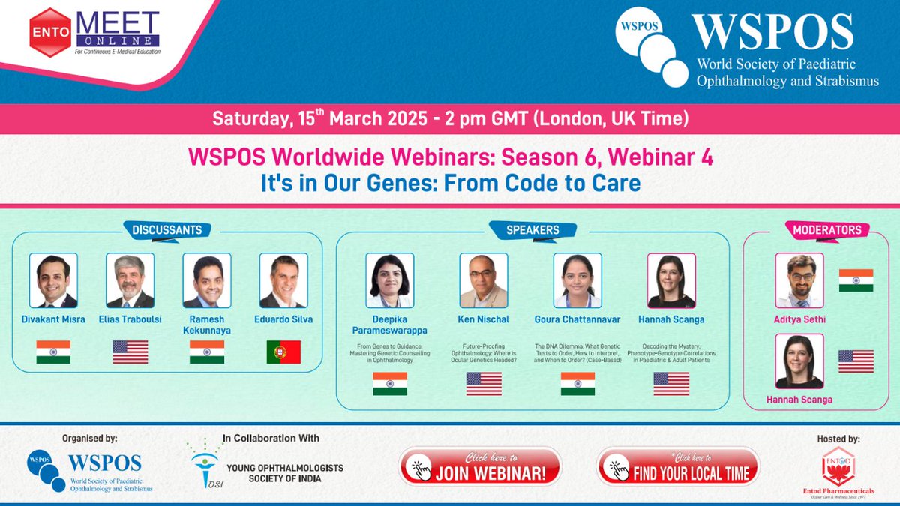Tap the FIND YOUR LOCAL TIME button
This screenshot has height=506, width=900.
pyautogui.click(x=678, y=467)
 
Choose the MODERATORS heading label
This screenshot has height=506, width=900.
pyautogui.click(x=827, y=230)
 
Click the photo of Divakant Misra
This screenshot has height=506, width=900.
pyautogui.click(x=53, y=280)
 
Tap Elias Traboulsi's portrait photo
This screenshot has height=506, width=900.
pyautogui.click(x=130, y=280)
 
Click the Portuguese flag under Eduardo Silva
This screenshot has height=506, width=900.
pyautogui.click(x=283, y=352)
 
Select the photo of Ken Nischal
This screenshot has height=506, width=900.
pyautogui.click(x=483, y=280)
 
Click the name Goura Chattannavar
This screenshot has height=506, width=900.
pyautogui.click(x=577, y=319)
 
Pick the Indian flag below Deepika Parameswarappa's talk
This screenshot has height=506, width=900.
pyautogui.click(x=390, y=384)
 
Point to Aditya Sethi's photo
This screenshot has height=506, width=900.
pyautogui.click(x=799, y=280)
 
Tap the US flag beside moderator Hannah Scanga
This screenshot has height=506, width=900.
pyautogui.click(x=856, y=361)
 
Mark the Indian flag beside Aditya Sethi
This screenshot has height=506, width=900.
pyautogui.click(x=856, y=280)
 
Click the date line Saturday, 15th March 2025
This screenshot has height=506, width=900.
pyautogui.click(x=449, y=118)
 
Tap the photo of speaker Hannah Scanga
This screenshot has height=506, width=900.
pyautogui.click(x=671, y=280)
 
